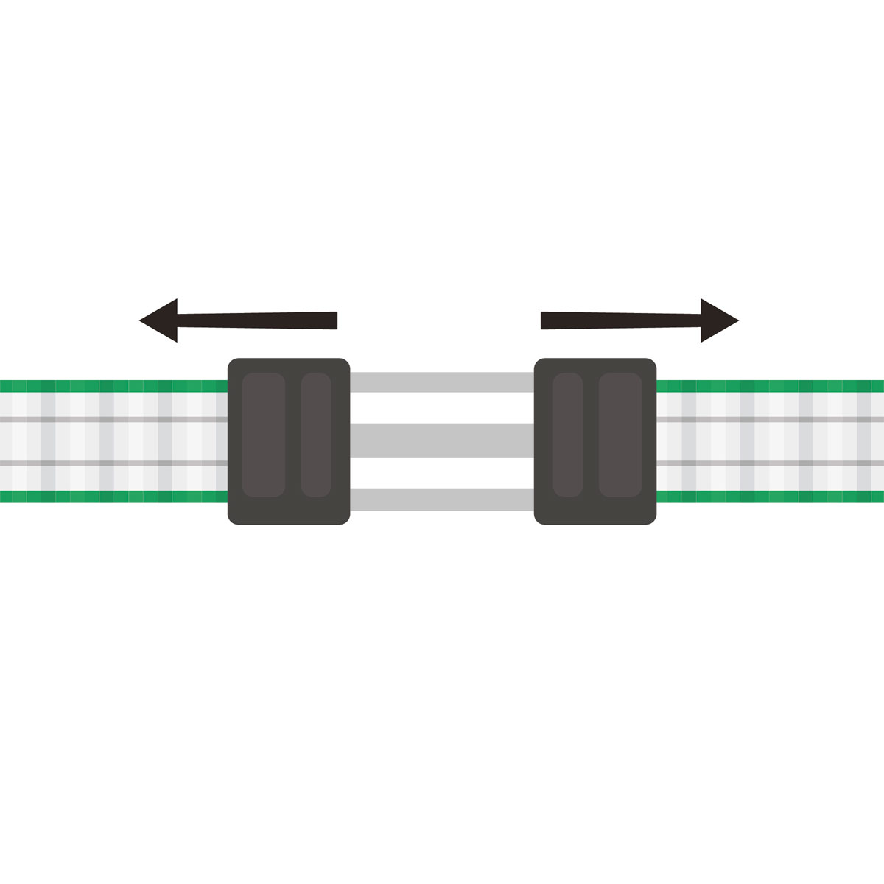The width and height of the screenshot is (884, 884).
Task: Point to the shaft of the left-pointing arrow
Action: (x=258, y=320)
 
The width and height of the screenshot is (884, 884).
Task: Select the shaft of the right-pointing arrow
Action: (x=619, y=320)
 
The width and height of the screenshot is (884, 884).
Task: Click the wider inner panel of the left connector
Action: (x=264, y=435)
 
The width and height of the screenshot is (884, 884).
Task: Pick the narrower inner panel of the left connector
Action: (x=316, y=435)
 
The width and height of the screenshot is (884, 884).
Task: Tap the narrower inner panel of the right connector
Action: (x=568, y=435)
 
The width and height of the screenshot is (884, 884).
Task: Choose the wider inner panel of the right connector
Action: (x=620, y=435)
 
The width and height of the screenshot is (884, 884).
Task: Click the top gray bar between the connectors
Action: (x=442, y=382)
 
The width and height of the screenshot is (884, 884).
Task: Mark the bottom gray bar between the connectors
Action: (x=442, y=499)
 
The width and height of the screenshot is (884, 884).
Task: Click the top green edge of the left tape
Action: (x=110, y=386)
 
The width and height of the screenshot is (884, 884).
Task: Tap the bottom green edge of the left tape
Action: (x=110, y=497)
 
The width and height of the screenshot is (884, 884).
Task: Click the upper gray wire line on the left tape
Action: (x=110, y=419)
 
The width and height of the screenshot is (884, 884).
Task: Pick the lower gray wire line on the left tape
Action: (x=110, y=463)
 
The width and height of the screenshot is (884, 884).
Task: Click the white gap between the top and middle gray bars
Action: (x=442, y=407)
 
